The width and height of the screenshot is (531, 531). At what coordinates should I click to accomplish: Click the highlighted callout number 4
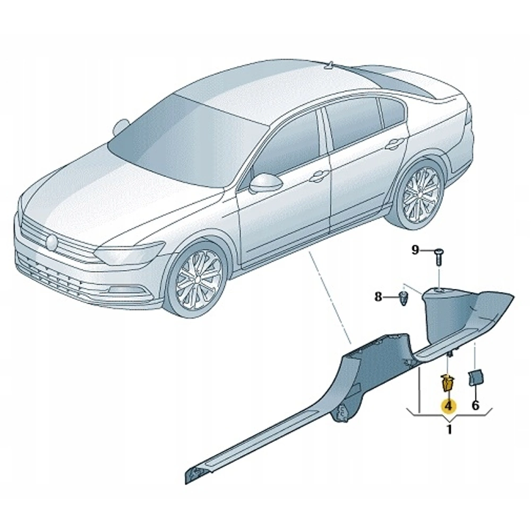tap(448, 406)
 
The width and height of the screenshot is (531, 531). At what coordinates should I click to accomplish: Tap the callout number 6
tap(475, 405)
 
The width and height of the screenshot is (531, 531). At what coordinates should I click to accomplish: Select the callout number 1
tap(449, 430)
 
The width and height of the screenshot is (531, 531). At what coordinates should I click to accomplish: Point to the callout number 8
tap(378, 297)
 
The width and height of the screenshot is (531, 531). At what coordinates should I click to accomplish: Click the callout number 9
tap(415, 250)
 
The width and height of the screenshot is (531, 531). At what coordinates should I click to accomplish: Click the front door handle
tap(318, 176)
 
